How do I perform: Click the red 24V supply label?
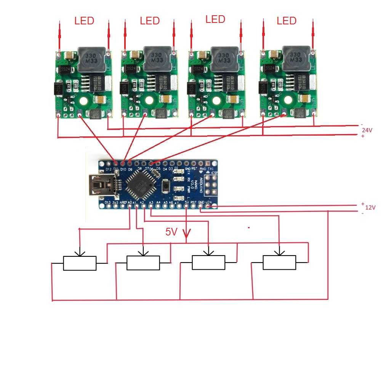coord(367,130)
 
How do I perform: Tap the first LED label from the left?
coord(84,21)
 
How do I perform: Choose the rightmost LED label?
coord(287,21)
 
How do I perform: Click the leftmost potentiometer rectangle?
coord(79,263)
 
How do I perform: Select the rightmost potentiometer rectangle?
coord(279,263)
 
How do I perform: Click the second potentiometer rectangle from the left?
coord(143,263)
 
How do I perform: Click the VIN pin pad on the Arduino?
coord(208,207)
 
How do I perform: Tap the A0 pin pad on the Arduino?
coord(130,207)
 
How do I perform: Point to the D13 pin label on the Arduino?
coord(107,202)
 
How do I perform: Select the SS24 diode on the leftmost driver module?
coord(65,69)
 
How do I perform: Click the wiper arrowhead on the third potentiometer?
coord(208,252)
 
